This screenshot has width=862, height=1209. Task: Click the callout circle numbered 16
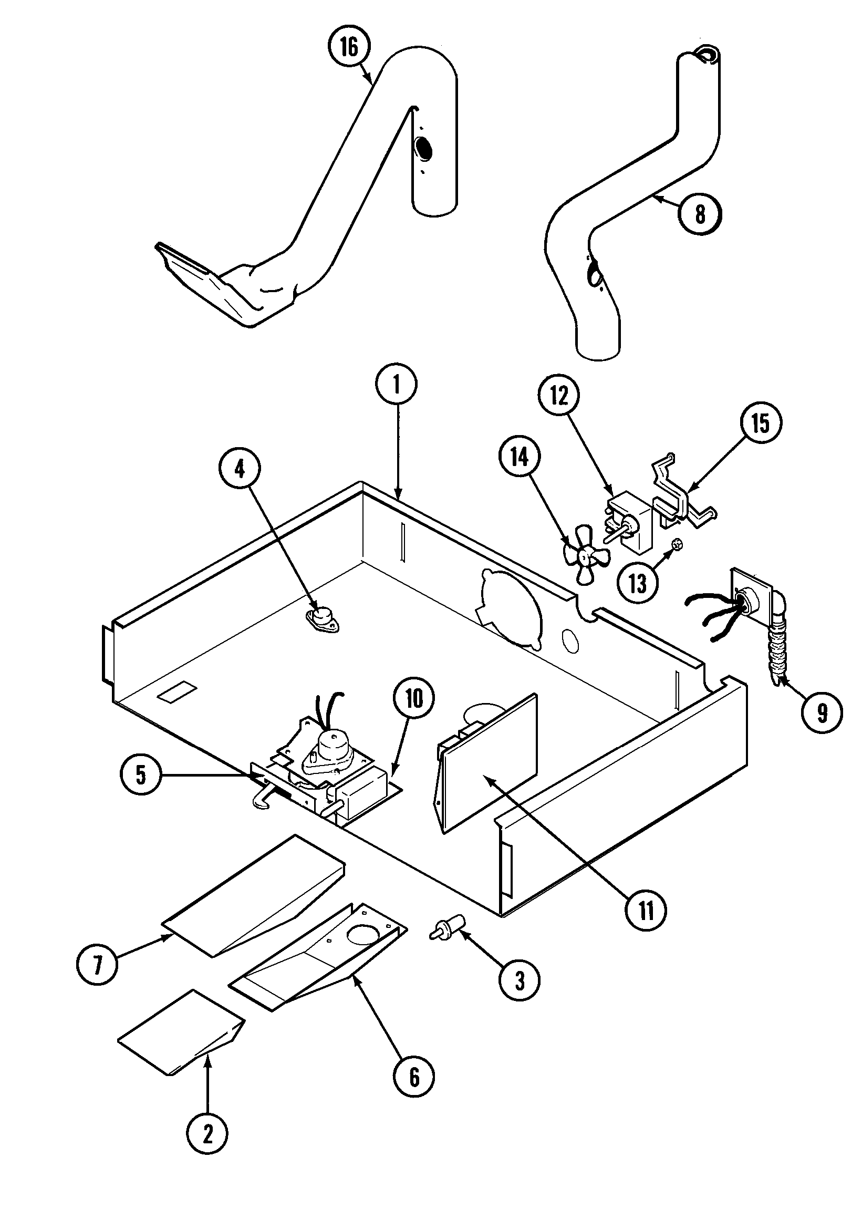click(x=349, y=47)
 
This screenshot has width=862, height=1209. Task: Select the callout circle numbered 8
click(x=700, y=214)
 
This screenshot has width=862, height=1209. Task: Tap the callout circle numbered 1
click(x=397, y=384)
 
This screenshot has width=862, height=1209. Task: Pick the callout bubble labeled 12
click(x=559, y=396)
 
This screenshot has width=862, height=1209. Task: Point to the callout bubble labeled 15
click(x=760, y=423)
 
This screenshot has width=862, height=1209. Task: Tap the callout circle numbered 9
click(x=822, y=713)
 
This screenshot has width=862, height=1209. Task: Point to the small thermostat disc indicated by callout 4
click(x=320, y=617)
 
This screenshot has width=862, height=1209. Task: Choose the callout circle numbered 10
click(x=413, y=699)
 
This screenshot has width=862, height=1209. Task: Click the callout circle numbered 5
click(x=140, y=774)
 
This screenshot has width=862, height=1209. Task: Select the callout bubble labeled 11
click(x=645, y=910)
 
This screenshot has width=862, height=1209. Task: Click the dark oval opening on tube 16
click(x=423, y=149)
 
